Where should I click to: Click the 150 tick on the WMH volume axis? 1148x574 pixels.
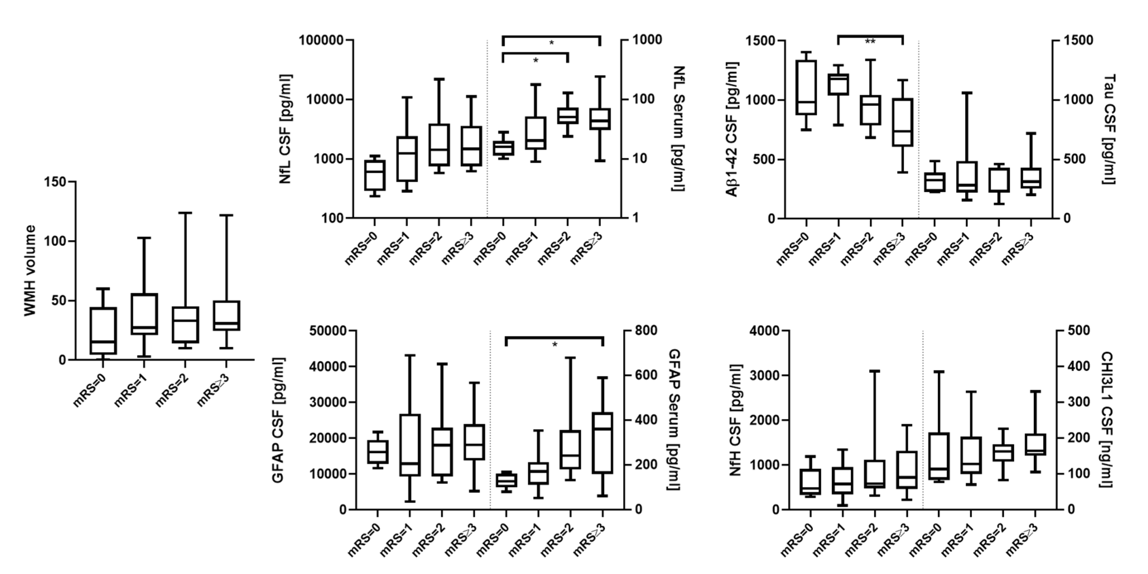click(x=55, y=182)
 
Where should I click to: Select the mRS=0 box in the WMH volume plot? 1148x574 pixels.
click(x=103, y=331)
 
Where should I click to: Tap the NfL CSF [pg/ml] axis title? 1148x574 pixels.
click(x=285, y=129)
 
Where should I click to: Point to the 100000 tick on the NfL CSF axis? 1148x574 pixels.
click(x=321, y=40)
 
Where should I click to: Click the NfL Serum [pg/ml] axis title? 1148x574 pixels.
click(x=678, y=129)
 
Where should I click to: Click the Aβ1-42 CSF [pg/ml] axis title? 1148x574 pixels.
click(x=732, y=129)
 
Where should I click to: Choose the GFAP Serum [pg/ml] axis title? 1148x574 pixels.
click(x=674, y=420)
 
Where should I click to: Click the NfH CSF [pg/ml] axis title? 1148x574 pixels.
click(x=735, y=420)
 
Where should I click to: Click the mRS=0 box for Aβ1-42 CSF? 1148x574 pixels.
click(x=806, y=87)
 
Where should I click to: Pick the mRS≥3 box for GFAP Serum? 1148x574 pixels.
click(x=603, y=442)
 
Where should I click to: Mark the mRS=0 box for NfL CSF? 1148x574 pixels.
click(x=375, y=175)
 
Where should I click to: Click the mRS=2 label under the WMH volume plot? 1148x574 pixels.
click(x=172, y=391)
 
